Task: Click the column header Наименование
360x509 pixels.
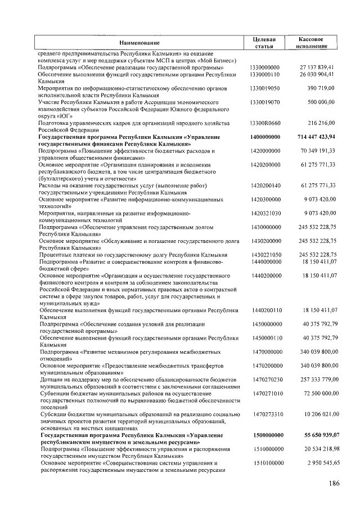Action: tap(139, 43)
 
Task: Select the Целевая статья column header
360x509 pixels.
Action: tap(264, 43)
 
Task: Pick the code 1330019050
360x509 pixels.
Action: tap(265, 88)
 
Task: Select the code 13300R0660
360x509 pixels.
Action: tap(265, 123)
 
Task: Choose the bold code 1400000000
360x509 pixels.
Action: tap(265, 137)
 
